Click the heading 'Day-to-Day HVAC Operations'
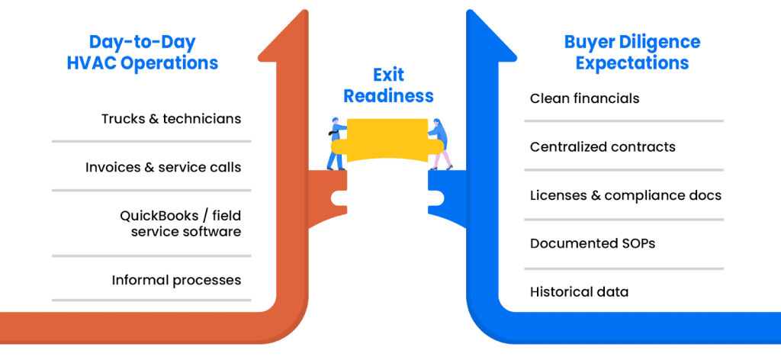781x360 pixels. pos(142,52)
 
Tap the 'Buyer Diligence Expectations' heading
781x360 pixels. pos(632,52)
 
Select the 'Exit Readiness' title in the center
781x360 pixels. pos(388,85)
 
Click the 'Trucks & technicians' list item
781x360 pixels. pos(171,119)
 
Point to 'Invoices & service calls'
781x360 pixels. pos(163,167)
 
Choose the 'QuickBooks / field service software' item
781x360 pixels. pos(180,223)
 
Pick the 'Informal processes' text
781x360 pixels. pos(176,280)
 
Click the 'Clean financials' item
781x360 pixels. pos(584,98)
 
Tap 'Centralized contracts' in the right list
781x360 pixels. pos(603,146)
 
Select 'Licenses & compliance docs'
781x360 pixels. pos(625,195)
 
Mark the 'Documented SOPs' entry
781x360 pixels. pos(593,243)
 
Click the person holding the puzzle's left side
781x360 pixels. pos(336,143)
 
